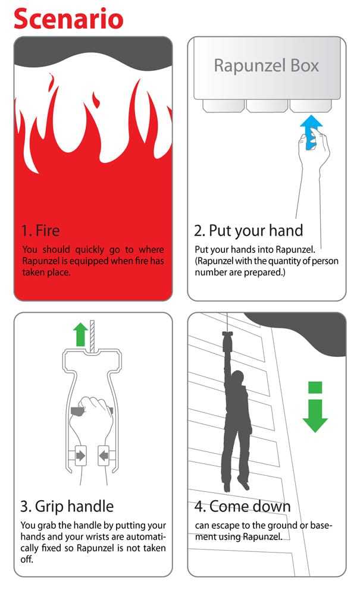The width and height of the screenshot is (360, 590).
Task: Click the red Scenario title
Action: point(68,19)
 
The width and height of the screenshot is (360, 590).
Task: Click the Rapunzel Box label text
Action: point(266,65)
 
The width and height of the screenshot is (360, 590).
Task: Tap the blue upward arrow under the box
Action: point(311,131)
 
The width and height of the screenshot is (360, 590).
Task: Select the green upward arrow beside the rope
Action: point(80,335)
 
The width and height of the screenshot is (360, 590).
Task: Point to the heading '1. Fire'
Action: point(40,230)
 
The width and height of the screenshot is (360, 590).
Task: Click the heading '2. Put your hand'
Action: point(249,231)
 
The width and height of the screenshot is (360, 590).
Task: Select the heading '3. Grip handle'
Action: point(67,507)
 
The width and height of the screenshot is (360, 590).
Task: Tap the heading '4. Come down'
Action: point(243,507)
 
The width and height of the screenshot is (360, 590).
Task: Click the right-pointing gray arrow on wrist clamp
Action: point(80,456)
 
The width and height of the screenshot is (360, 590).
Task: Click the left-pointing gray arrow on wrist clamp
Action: point(104,456)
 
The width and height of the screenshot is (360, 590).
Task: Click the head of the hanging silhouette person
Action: point(237,378)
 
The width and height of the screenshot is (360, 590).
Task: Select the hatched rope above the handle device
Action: point(92,335)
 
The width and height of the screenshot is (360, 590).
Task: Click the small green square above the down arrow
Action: point(315,387)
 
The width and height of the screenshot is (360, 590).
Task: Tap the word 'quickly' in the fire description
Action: point(89,250)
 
